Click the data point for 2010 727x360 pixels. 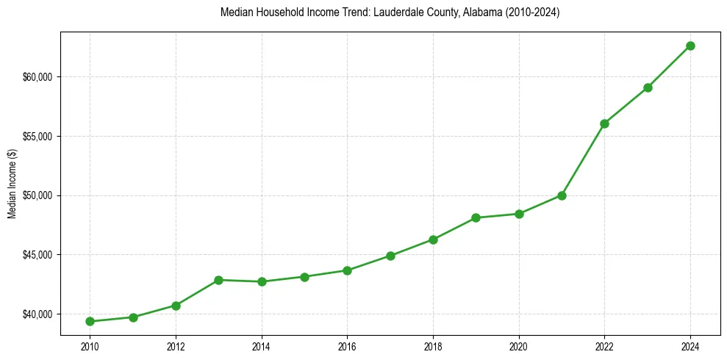90,321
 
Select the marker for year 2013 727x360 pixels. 218,280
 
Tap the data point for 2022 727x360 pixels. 604,123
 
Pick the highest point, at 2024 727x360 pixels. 690,46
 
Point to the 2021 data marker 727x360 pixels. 562,195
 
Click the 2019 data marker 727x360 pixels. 476,217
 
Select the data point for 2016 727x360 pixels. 347,270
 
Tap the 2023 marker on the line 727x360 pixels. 648,87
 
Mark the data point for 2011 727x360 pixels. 133,317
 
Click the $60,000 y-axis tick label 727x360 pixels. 39,77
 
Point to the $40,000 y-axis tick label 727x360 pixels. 39,314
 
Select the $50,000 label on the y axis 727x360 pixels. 39,195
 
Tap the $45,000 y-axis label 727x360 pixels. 39,255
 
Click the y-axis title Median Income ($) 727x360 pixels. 12,184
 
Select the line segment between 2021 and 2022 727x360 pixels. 583,159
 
